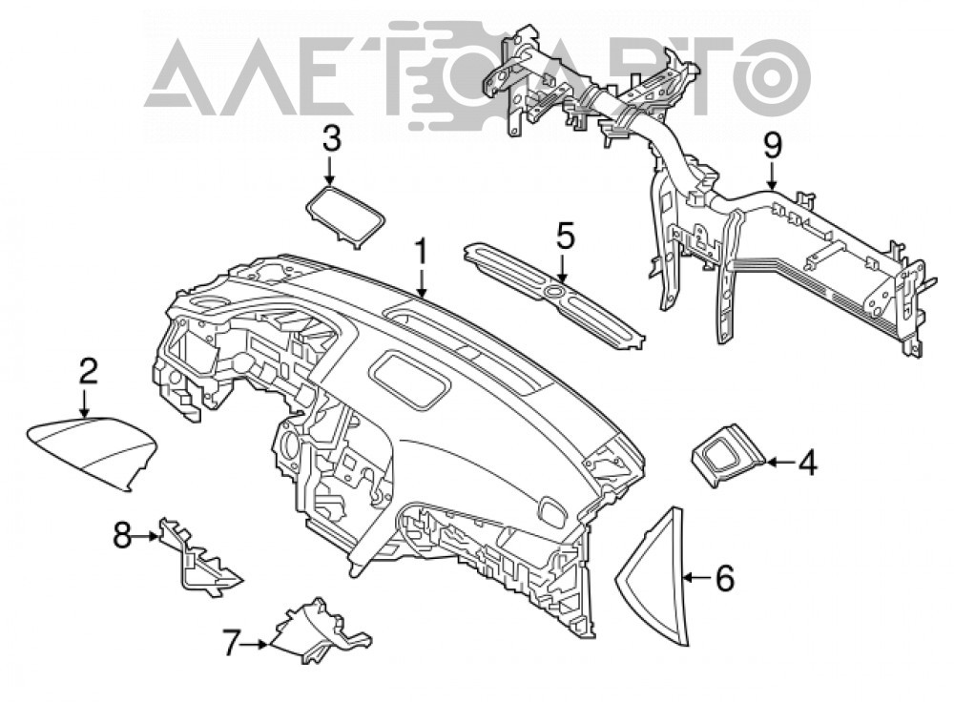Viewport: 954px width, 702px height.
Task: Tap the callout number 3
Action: [x=331, y=140]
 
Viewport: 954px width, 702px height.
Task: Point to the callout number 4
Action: [x=807, y=463]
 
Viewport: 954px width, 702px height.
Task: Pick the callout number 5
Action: [x=564, y=237]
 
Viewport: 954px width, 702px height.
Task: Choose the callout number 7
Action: [x=230, y=643]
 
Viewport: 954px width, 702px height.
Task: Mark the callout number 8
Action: [x=123, y=536]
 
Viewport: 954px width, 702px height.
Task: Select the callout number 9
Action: [x=772, y=148]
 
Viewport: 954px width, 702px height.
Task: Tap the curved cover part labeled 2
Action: [x=92, y=451]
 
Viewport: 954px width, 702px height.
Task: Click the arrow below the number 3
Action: [x=330, y=171]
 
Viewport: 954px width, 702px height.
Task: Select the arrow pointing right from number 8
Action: [x=146, y=536]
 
